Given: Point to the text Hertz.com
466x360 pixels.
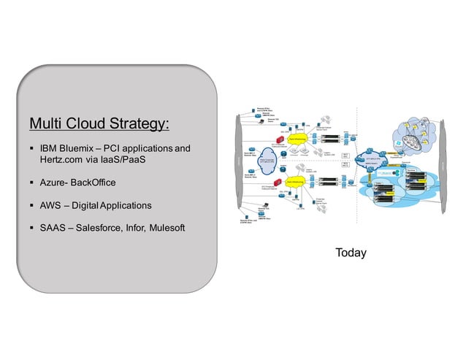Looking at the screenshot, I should tap(61, 161).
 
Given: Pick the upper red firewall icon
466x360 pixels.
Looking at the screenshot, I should tap(278, 139).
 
